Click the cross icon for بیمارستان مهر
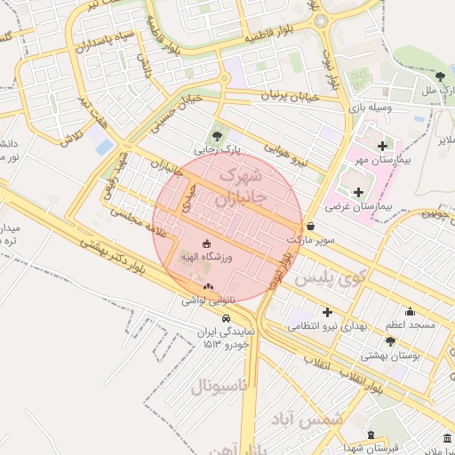point(383,146)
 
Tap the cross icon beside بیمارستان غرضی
point(358,192)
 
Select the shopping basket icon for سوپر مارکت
point(309,226)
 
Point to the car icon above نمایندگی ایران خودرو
point(227,317)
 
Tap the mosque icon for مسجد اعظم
point(410,312)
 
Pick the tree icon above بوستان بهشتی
point(390,341)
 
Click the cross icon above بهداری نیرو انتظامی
point(328,312)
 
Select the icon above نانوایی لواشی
point(208,286)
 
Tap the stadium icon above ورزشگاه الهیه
point(207,243)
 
